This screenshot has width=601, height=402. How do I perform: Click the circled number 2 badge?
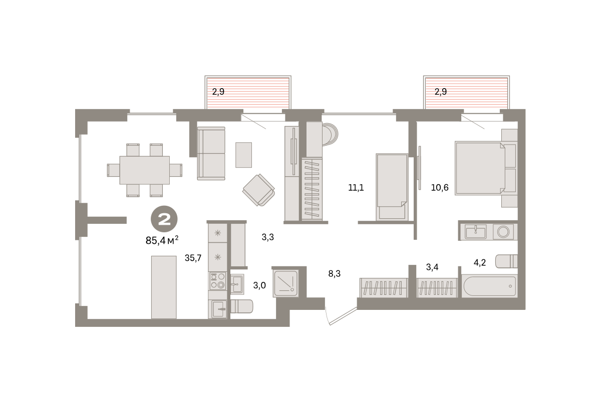(x=164, y=219)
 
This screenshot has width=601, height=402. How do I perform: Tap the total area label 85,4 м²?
(x=162, y=240)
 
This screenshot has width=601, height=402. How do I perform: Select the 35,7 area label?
(x=193, y=258)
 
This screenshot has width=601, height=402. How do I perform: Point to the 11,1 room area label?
(x=356, y=187)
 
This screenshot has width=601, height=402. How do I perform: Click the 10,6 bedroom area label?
(x=440, y=187)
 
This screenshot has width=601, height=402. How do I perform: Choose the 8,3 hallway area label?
(x=335, y=273)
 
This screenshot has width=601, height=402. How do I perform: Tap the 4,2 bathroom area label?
(x=479, y=262)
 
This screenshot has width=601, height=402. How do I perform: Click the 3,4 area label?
(x=432, y=267)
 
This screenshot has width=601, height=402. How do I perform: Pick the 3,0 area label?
(x=259, y=285)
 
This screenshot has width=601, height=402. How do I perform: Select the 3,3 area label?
(x=268, y=237)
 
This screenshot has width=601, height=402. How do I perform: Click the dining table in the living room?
(x=145, y=170)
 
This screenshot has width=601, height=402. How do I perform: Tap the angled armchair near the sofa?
(x=258, y=190)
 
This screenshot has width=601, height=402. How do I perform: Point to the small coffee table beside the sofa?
(x=243, y=155)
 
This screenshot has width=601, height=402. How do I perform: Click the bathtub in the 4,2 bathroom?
(x=490, y=286)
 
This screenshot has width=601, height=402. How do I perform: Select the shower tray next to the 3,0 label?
(x=286, y=283)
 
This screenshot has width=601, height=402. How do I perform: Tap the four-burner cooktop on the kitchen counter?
(x=217, y=281)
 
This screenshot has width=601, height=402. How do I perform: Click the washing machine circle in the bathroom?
(x=503, y=232)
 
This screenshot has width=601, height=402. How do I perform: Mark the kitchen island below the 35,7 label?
(x=164, y=287)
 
